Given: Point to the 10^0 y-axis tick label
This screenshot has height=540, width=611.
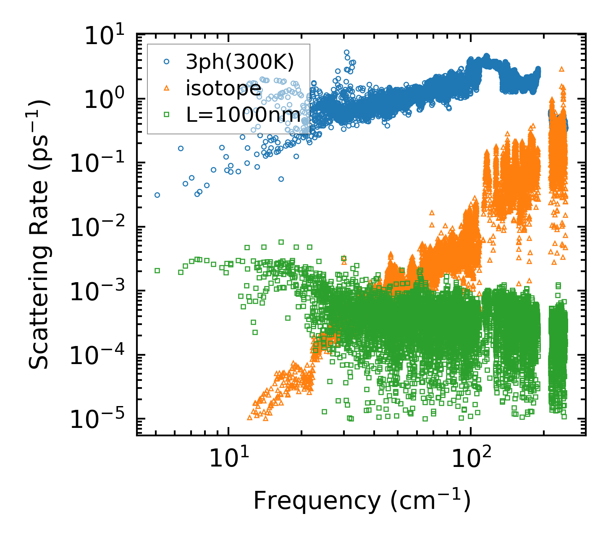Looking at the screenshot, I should pyautogui.click(x=107, y=99).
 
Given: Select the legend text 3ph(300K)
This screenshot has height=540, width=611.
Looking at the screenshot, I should pyautogui.click(x=240, y=62).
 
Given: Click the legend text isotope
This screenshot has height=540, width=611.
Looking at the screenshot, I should pyautogui.click(x=224, y=89).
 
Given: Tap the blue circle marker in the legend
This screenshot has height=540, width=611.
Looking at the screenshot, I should pyautogui.click(x=167, y=62).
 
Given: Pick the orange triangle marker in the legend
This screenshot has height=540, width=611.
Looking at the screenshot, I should pyautogui.click(x=167, y=88).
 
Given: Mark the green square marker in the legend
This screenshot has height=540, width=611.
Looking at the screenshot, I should pyautogui.click(x=167, y=115).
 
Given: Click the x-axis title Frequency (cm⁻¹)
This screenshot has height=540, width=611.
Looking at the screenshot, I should pyautogui.click(x=361, y=501).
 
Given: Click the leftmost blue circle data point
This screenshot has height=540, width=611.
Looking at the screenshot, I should pyautogui.click(x=157, y=195).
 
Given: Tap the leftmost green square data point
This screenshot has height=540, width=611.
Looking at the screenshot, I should pyautogui.click(x=157, y=270).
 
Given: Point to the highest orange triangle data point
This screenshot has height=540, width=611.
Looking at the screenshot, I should pyautogui.click(x=562, y=69).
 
